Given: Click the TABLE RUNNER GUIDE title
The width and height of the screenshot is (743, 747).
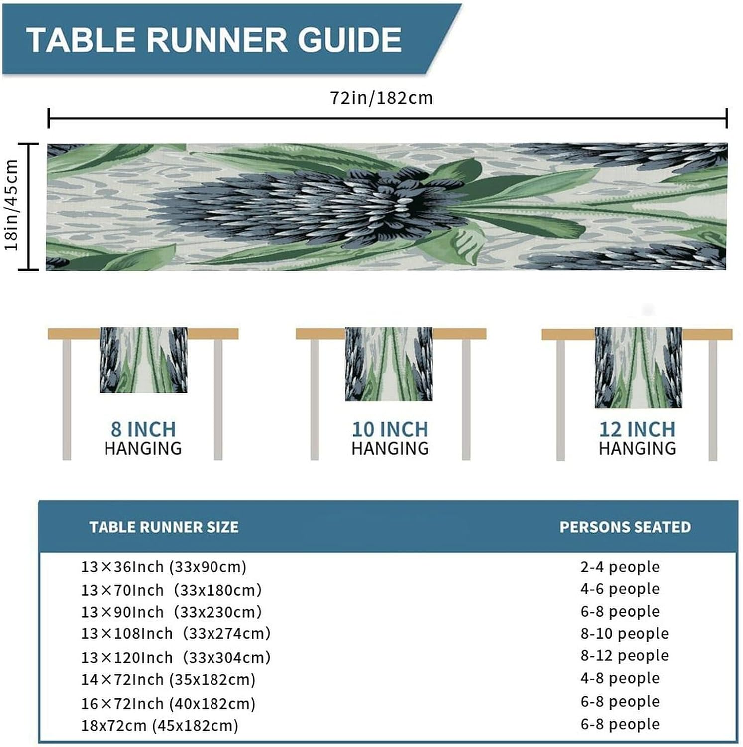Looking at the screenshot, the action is [214, 40].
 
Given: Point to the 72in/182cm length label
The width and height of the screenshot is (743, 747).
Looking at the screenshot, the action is [382, 98].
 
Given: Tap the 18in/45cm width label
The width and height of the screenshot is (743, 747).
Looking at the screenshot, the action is [11, 205].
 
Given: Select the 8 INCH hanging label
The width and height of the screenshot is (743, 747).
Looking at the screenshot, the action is [143, 438].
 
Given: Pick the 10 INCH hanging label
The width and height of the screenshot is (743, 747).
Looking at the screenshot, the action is [390, 438].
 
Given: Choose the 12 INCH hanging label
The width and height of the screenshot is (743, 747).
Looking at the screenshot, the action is [637, 438].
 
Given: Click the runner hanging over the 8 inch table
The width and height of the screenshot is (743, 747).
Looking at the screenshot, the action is [143, 360].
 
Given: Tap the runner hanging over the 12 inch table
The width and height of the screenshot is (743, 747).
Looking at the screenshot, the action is [638, 368].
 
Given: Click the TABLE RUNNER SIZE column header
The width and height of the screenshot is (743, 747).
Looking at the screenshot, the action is [164, 527].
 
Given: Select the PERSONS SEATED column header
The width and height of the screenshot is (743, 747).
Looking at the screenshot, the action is [625, 527].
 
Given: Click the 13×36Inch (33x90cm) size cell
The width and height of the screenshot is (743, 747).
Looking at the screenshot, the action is [164, 567].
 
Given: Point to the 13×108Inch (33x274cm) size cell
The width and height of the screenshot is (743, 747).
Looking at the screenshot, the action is [176, 634].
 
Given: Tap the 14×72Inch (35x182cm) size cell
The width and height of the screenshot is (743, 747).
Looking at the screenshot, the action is [168, 680].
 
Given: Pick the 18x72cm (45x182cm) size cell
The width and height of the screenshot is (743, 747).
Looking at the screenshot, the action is [160, 726].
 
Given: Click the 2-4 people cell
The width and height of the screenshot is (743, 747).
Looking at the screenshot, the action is [620, 567].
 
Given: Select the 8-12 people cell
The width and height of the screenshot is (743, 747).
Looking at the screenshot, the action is [625, 656].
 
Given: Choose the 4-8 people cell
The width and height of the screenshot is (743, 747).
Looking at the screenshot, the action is [620, 678].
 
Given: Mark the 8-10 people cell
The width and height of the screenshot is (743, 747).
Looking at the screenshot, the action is [625, 634].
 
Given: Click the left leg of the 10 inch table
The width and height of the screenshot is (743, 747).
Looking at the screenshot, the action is [315, 399].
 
